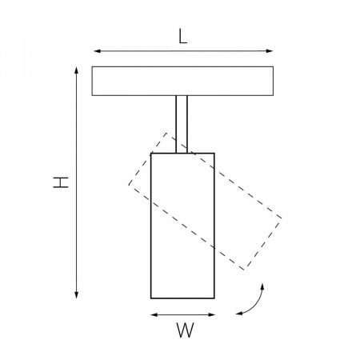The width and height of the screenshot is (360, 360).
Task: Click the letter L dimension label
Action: click(x=182, y=36)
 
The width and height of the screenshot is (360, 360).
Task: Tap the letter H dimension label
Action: click(x=61, y=182)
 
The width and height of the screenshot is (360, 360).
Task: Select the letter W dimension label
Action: click(x=185, y=330)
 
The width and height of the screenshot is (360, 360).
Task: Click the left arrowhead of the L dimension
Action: click(x=97, y=51)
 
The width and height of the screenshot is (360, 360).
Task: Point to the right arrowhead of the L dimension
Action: click(x=270, y=51)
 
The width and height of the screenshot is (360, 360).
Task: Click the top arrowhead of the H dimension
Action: click(x=77, y=70)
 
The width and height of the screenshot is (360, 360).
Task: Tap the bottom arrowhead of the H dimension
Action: click(x=77, y=295)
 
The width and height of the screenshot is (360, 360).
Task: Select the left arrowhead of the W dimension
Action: click(x=154, y=315)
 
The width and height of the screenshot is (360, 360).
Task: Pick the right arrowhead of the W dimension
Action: click(x=211, y=315)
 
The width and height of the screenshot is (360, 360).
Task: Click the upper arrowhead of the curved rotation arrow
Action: click(x=262, y=286)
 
